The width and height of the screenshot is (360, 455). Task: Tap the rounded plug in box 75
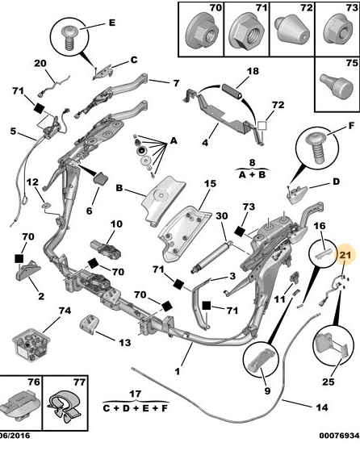point(337,85)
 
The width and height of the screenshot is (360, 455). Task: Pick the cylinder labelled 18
point(232,91)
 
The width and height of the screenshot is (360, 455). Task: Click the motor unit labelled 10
point(107,249)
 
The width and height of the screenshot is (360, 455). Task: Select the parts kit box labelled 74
point(31,344)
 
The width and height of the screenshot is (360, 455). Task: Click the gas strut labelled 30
point(211,257)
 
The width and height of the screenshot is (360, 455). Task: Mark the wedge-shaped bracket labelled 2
point(27,270)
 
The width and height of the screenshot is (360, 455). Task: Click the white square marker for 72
point(262,126)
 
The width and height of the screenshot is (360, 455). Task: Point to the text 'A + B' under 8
point(252,175)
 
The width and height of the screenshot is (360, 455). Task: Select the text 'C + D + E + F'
point(136,408)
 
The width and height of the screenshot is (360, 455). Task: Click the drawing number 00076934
point(339,436)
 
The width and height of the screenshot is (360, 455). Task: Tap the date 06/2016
point(15,436)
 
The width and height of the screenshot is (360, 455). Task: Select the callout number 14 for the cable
point(322,407)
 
